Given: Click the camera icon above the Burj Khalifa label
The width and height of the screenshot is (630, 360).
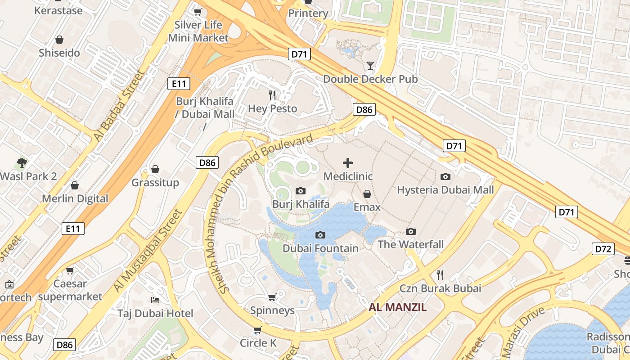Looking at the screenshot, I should click(301, 191).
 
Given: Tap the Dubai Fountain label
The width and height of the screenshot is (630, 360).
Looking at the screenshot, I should click(320, 248).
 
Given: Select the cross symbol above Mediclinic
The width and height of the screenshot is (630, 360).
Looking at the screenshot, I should click(348, 162).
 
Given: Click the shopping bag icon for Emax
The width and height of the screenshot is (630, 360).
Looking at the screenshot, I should click(367, 194).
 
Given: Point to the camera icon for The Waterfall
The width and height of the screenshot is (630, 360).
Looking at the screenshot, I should click(410, 231).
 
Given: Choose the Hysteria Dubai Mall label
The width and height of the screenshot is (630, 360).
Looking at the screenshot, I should click(445, 190).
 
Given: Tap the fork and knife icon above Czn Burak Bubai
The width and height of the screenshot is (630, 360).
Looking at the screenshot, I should click(440, 274).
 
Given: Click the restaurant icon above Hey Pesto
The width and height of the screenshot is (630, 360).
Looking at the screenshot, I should click(272, 95).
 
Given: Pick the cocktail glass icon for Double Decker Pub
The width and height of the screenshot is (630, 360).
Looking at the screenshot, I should click(370, 66).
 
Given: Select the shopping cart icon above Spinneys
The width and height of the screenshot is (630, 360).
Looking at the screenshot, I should click(272, 297).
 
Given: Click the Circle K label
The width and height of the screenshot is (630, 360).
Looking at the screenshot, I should click(258, 343).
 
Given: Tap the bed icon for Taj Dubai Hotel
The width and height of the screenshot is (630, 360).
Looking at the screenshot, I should click(156, 300).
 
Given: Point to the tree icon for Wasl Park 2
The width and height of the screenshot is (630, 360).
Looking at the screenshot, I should click(22, 162).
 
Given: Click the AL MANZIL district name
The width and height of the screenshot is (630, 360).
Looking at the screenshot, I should click(397, 308).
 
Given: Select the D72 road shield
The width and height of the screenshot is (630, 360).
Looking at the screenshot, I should click(603, 249).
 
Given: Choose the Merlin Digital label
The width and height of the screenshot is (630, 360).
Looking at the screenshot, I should click(75, 198).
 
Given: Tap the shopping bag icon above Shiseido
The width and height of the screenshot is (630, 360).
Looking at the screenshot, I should click(59, 40).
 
